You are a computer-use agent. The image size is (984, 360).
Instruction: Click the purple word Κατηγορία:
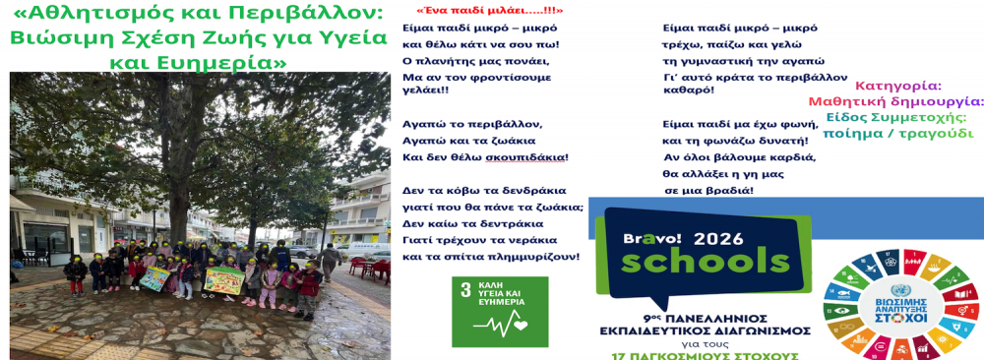tap(897, 86)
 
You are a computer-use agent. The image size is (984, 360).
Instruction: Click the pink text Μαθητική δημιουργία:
tap(895, 101)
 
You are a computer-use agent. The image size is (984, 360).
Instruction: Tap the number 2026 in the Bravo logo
tap(718, 238)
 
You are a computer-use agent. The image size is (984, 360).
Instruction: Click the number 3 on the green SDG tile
tap(466, 290)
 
